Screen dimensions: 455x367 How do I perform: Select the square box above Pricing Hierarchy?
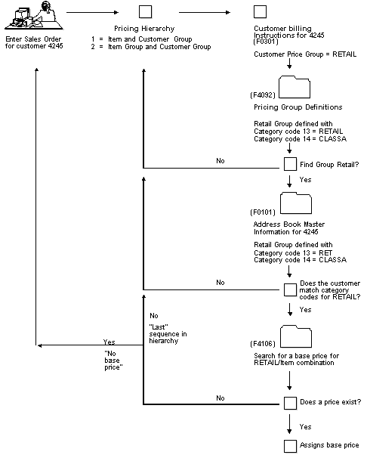(x=145, y=11)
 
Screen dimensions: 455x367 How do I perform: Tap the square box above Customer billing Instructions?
(x=260, y=11)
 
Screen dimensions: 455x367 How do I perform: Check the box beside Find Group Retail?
(x=290, y=164)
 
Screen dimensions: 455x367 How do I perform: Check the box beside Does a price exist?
(x=290, y=403)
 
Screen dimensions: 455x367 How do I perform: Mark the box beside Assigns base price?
(x=290, y=445)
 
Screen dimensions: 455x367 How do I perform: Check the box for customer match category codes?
(x=290, y=289)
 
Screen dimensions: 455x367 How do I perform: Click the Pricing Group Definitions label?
(x=298, y=107)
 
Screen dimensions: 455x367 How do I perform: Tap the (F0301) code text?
(x=266, y=42)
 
